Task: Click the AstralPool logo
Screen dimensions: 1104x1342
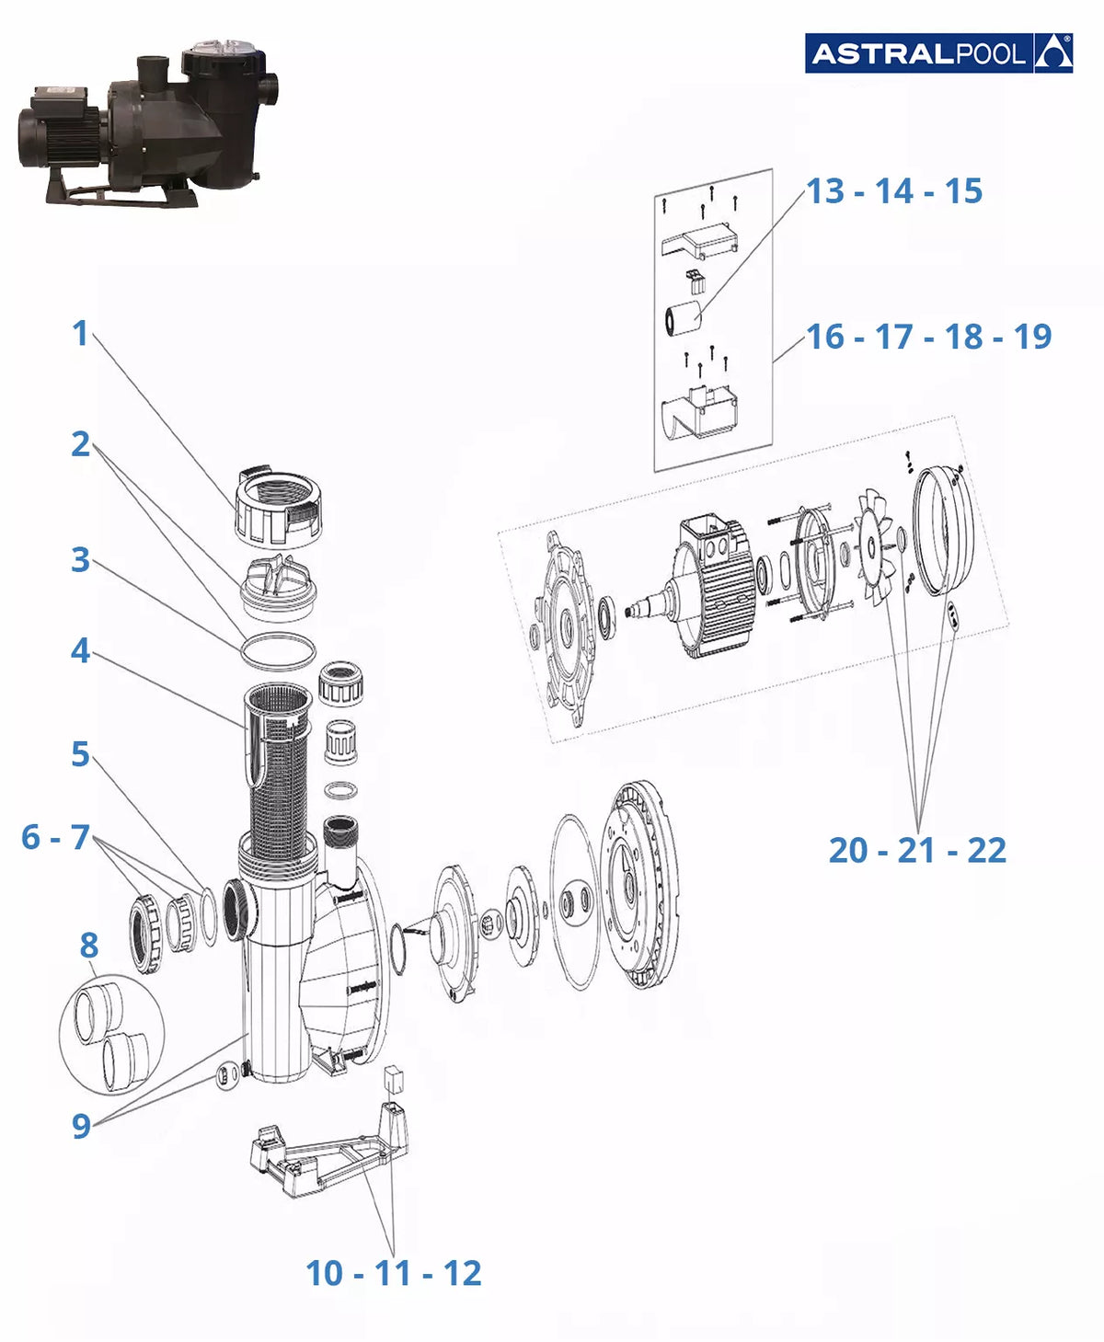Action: click(x=938, y=53)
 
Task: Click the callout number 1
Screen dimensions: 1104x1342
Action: click(x=80, y=334)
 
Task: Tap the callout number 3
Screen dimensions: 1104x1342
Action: click(x=80, y=560)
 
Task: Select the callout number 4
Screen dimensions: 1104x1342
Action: click(x=80, y=651)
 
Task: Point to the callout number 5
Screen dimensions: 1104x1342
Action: click(x=80, y=754)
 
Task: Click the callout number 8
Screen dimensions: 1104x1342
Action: click(x=89, y=946)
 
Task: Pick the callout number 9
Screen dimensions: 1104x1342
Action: click(x=81, y=1126)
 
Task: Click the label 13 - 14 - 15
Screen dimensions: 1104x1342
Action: click(x=894, y=191)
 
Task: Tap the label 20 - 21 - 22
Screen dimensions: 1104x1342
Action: click(x=917, y=850)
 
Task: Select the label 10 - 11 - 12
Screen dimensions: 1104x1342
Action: click(x=393, y=1273)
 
